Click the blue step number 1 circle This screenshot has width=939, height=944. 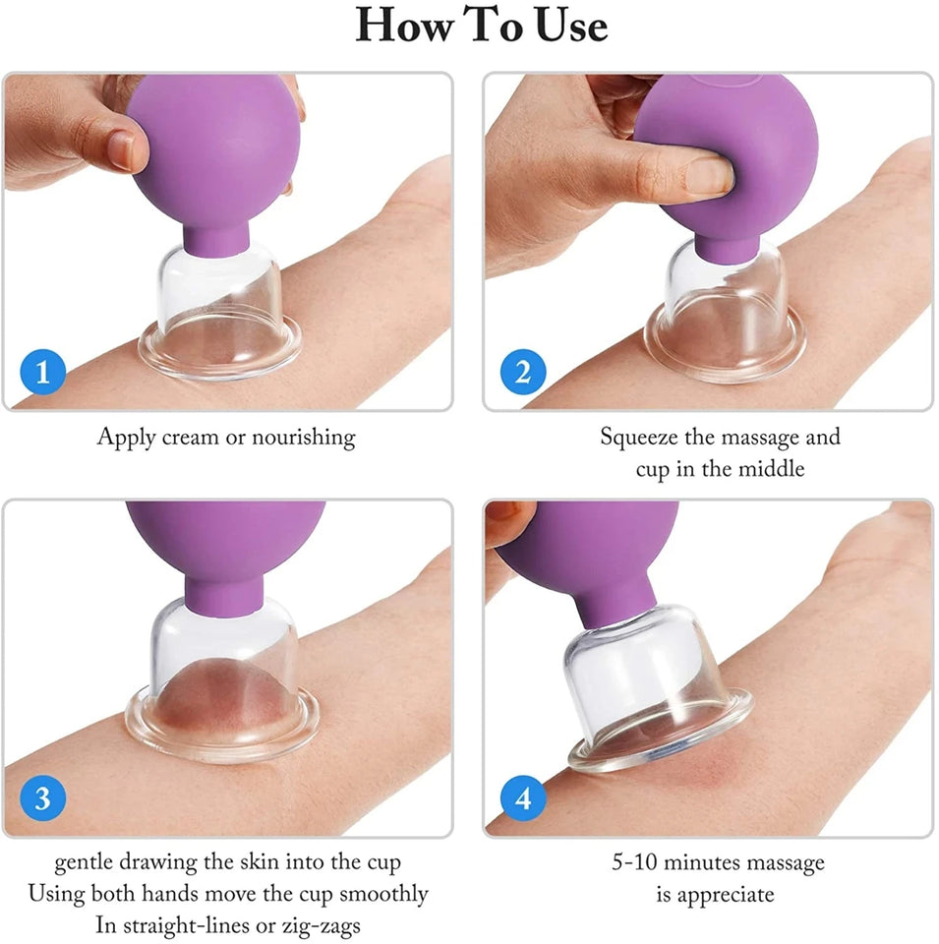point(42,373)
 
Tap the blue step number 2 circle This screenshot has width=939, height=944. point(523,373)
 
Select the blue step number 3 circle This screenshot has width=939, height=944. point(42,798)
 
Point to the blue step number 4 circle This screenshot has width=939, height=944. point(523,798)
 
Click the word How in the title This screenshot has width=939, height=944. point(404,26)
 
